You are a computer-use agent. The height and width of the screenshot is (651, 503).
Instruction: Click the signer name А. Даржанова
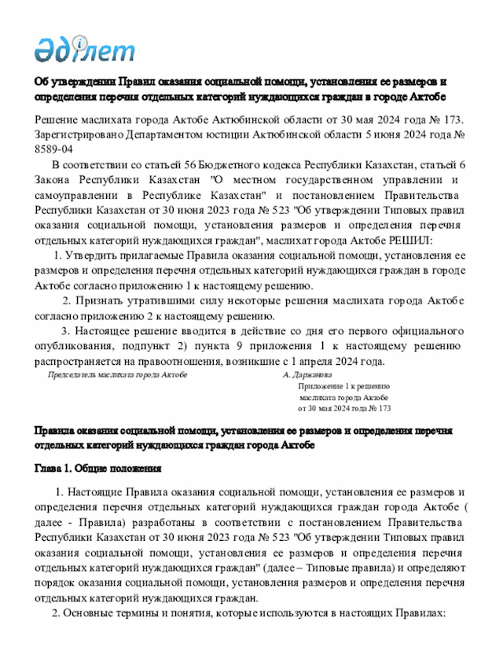click(x=310, y=375)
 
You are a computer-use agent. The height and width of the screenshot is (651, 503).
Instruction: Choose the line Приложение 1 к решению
click(x=343, y=386)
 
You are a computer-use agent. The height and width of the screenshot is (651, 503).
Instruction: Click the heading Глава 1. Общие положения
click(x=97, y=469)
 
